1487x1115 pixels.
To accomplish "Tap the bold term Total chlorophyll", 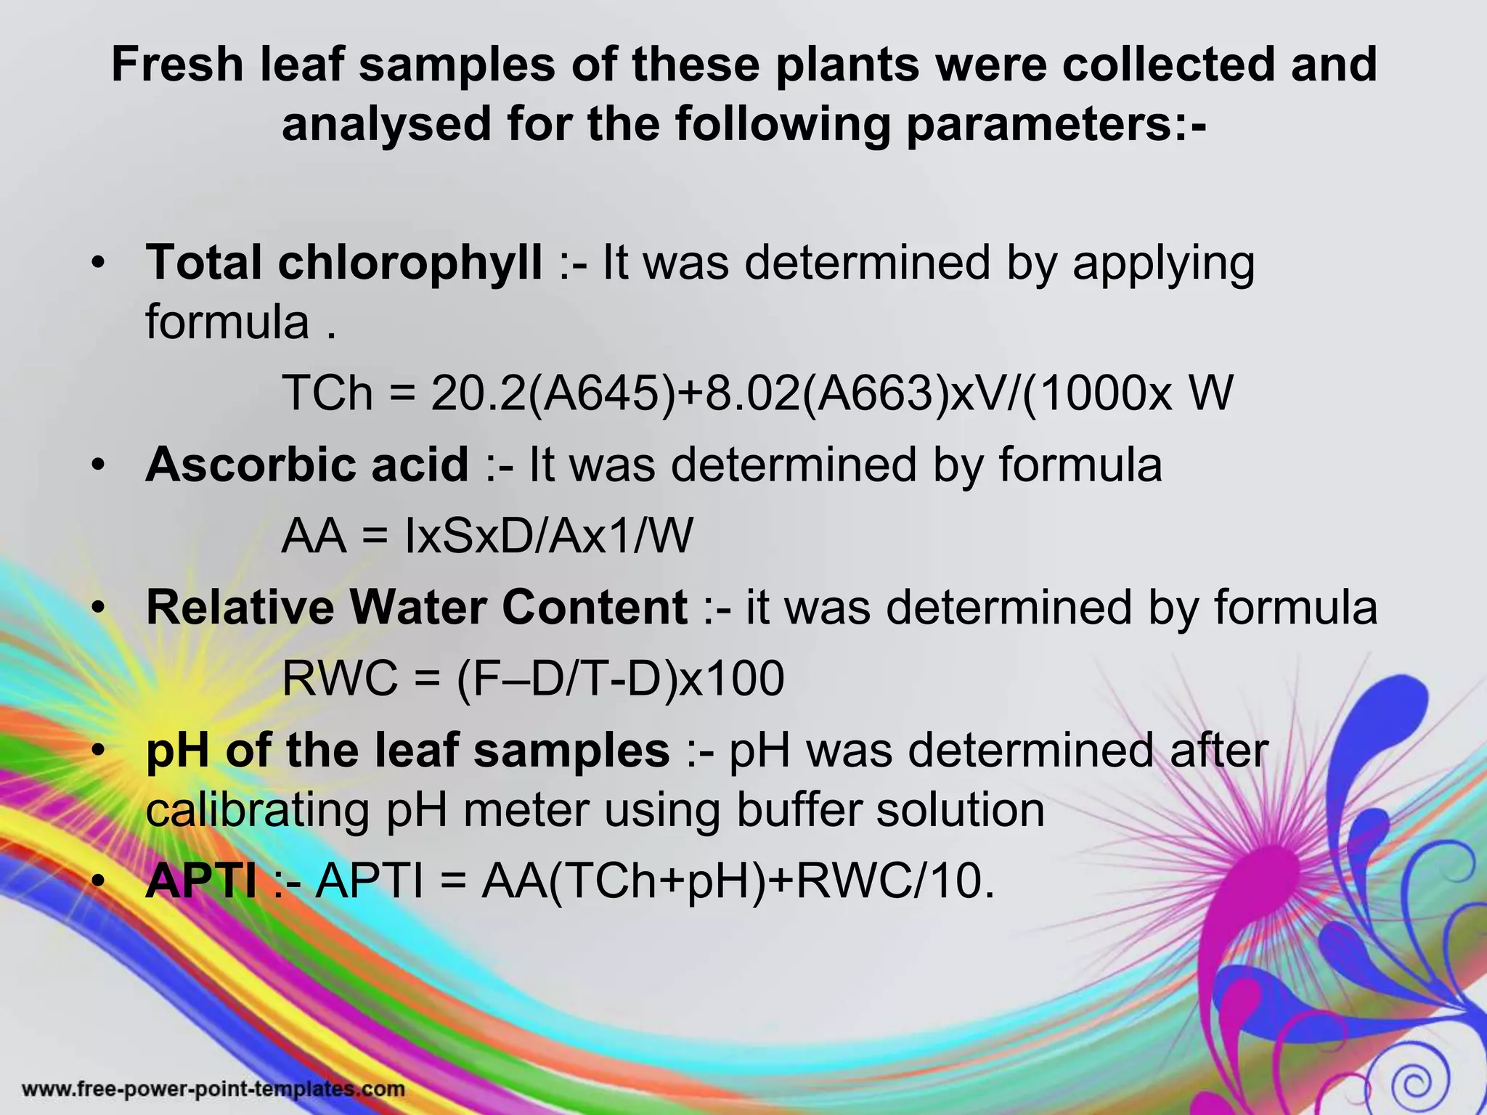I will (x=343, y=262).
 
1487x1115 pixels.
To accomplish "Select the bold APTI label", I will (x=200, y=881).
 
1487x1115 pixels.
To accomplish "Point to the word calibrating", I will (x=258, y=810).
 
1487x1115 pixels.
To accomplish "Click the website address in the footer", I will (x=213, y=1089).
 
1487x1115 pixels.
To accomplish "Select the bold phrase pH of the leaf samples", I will (x=407, y=751).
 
